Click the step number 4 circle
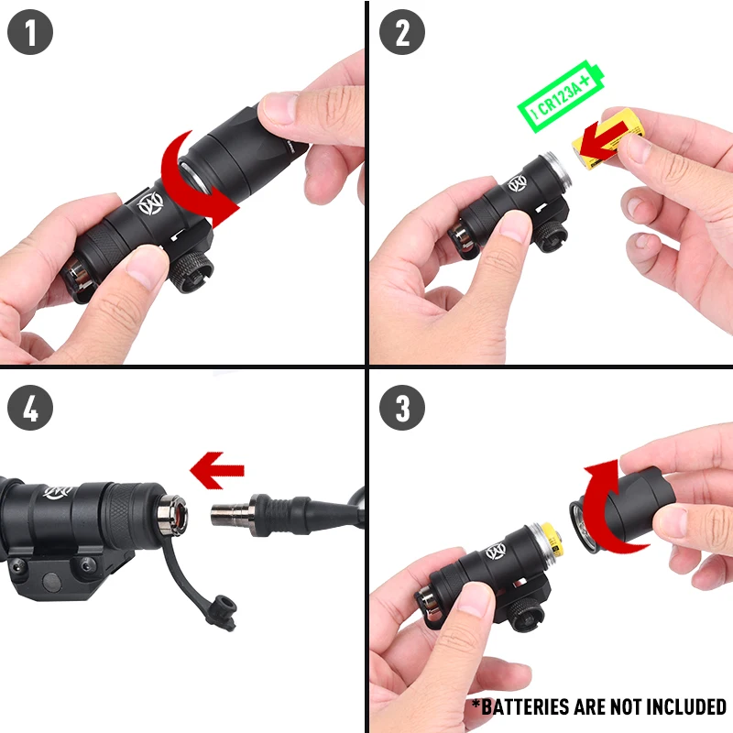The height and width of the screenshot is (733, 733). pyautogui.click(x=30, y=409)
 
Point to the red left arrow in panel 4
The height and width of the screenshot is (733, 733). pyautogui.click(x=216, y=471)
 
